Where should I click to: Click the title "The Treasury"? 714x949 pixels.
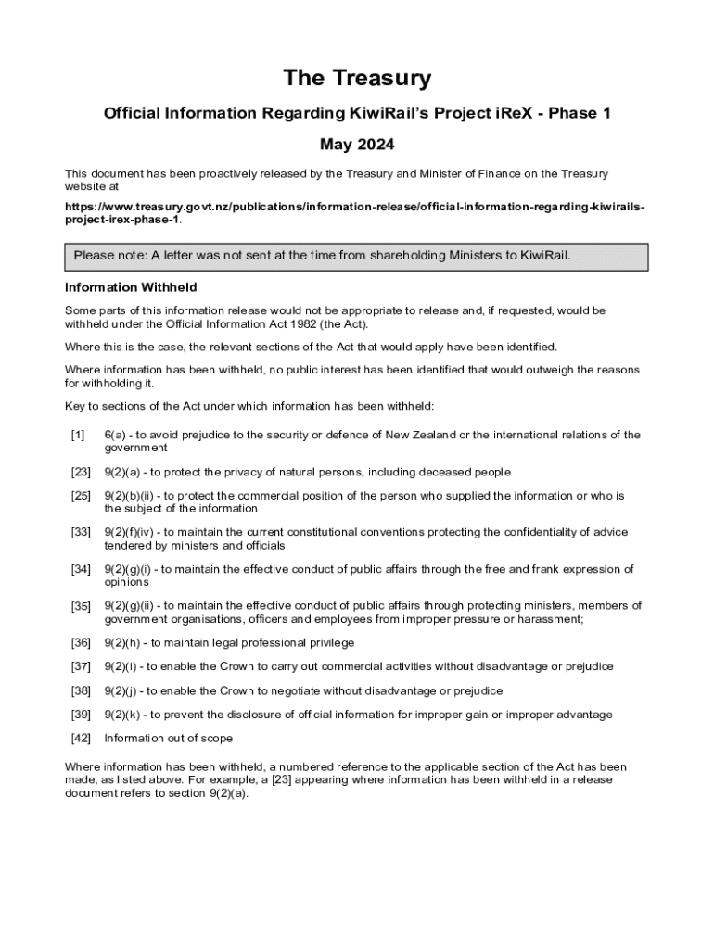[x=357, y=78]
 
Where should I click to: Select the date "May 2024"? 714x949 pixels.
[x=357, y=144]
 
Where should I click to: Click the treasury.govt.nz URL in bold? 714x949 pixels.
[x=353, y=212]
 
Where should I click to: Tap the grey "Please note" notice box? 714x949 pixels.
[x=356, y=256]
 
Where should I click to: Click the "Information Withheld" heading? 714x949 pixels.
[x=130, y=287]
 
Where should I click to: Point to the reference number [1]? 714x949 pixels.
[x=78, y=435]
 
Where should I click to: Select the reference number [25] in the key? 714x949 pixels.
[x=81, y=496]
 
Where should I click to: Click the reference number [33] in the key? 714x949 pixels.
[x=81, y=532]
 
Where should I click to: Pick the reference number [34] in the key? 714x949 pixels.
[x=81, y=569]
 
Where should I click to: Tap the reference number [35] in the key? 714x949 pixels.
[x=81, y=606]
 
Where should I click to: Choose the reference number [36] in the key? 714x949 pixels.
[x=81, y=642]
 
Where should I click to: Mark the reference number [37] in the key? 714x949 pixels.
[x=81, y=666]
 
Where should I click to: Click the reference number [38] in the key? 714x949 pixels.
[x=81, y=690]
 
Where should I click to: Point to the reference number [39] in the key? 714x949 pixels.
[x=81, y=715]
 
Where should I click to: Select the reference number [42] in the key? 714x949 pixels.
[x=81, y=739]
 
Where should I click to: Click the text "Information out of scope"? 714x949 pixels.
[x=169, y=739]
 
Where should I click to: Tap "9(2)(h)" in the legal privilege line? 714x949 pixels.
[x=124, y=642]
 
